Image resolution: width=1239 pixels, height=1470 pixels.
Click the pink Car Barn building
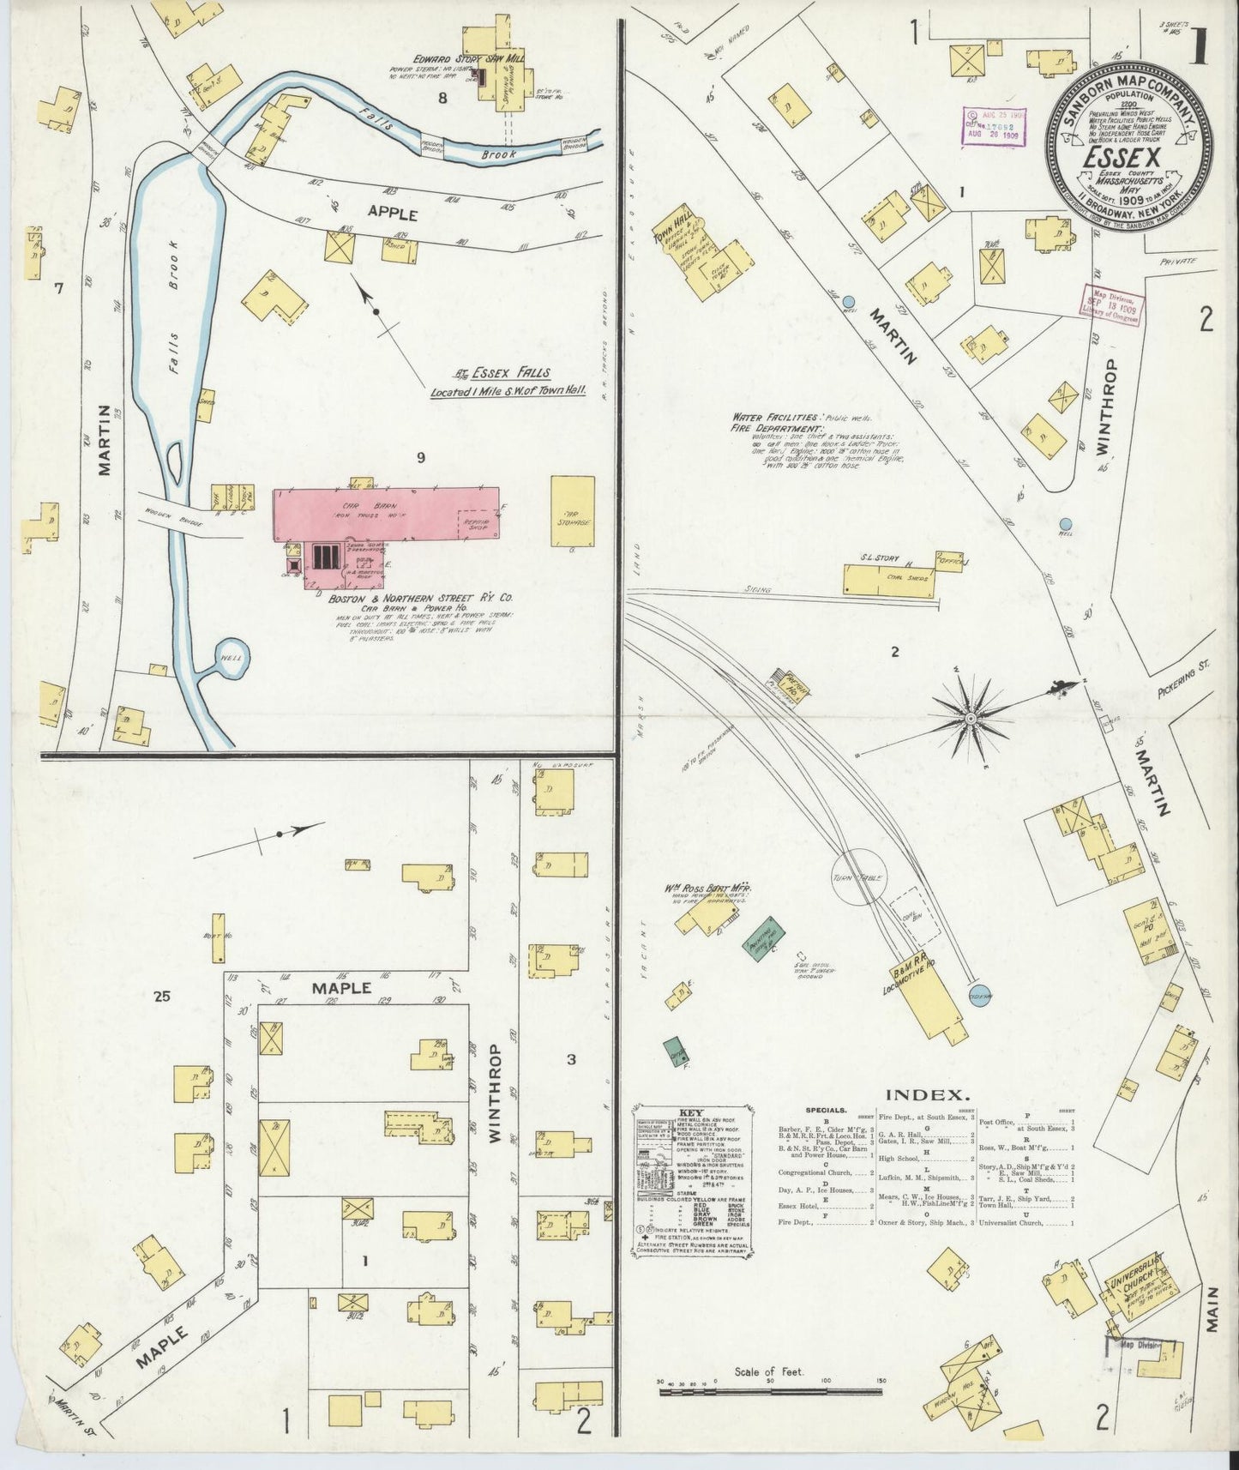pyautogui.click(x=386, y=515)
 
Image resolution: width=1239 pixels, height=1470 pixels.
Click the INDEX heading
pyautogui.click(x=928, y=1094)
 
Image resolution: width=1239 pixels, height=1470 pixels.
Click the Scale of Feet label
pyautogui.click(x=769, y=1371)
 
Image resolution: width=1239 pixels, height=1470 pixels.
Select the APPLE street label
pyautogui.click(x=393, y=214)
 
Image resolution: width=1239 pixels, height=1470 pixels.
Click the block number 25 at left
pyautogui.click(x=162, y=996)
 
